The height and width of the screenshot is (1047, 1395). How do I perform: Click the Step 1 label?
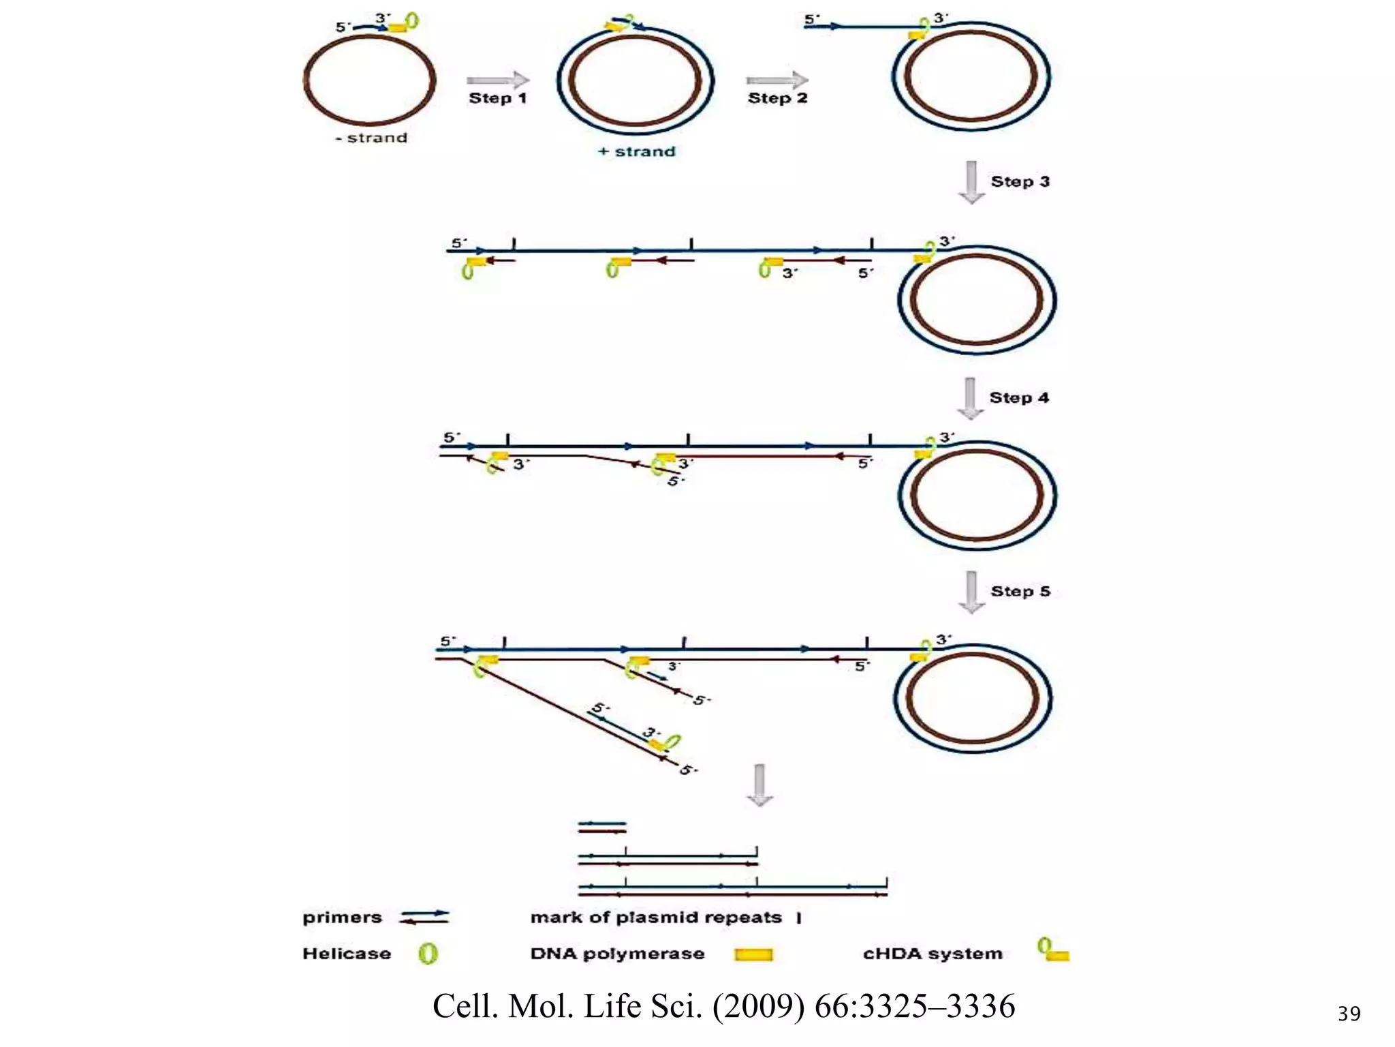pos(498,98)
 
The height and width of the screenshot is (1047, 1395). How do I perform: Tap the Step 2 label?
pos(777,98)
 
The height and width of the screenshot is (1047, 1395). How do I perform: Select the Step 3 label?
pos(1020,181)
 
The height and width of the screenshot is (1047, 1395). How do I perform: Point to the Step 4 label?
pos(1019,397)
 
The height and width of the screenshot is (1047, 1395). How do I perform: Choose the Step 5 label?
pos(1020,591)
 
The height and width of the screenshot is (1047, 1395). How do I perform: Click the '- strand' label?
pos(371,138)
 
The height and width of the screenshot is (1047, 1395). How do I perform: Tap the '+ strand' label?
pos(637,151)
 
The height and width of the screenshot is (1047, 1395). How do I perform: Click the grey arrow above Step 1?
pos(498,80)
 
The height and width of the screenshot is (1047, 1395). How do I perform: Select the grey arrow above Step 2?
pos(777,80)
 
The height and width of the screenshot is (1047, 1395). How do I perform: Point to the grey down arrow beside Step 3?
pos(972,182)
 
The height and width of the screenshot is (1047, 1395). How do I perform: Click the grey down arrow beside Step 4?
pos(970,398)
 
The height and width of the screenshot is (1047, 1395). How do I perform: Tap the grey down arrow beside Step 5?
pos(971,592)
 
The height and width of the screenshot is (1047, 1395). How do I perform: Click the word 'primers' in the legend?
pos(342,917)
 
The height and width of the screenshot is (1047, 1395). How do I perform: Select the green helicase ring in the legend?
pos(428,954)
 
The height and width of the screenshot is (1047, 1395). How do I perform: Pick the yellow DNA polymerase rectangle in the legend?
pos(753,954)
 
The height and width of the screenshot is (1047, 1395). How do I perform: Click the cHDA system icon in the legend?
pos(1053,950)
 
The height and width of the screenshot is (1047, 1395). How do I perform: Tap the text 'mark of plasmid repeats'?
pos(656,917)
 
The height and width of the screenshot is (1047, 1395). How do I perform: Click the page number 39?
pos(1349,1014)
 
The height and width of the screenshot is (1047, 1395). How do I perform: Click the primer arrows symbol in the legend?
pos(425,917)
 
